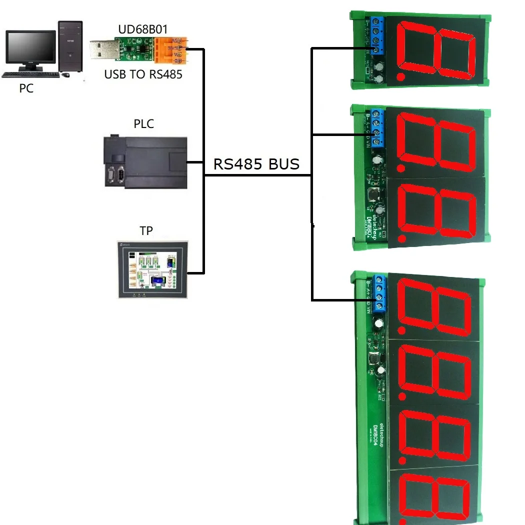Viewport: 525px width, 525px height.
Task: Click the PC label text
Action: click(x=26, y=89)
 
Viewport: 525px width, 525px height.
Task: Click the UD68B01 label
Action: click(x=139, y=30)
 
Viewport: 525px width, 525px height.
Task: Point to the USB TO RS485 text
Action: click(x=143, y=75)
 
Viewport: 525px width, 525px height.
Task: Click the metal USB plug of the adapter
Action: click(x=103, y=49)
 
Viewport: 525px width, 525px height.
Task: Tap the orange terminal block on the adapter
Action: click(x=171, y=50)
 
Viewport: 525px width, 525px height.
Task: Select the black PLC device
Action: click(x=146, y=162)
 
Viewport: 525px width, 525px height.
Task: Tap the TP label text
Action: click(x=146, y=230)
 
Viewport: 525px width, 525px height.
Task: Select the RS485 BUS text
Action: click(x=256, y=164)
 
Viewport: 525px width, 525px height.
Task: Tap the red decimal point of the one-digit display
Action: click(x=400, y=77)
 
